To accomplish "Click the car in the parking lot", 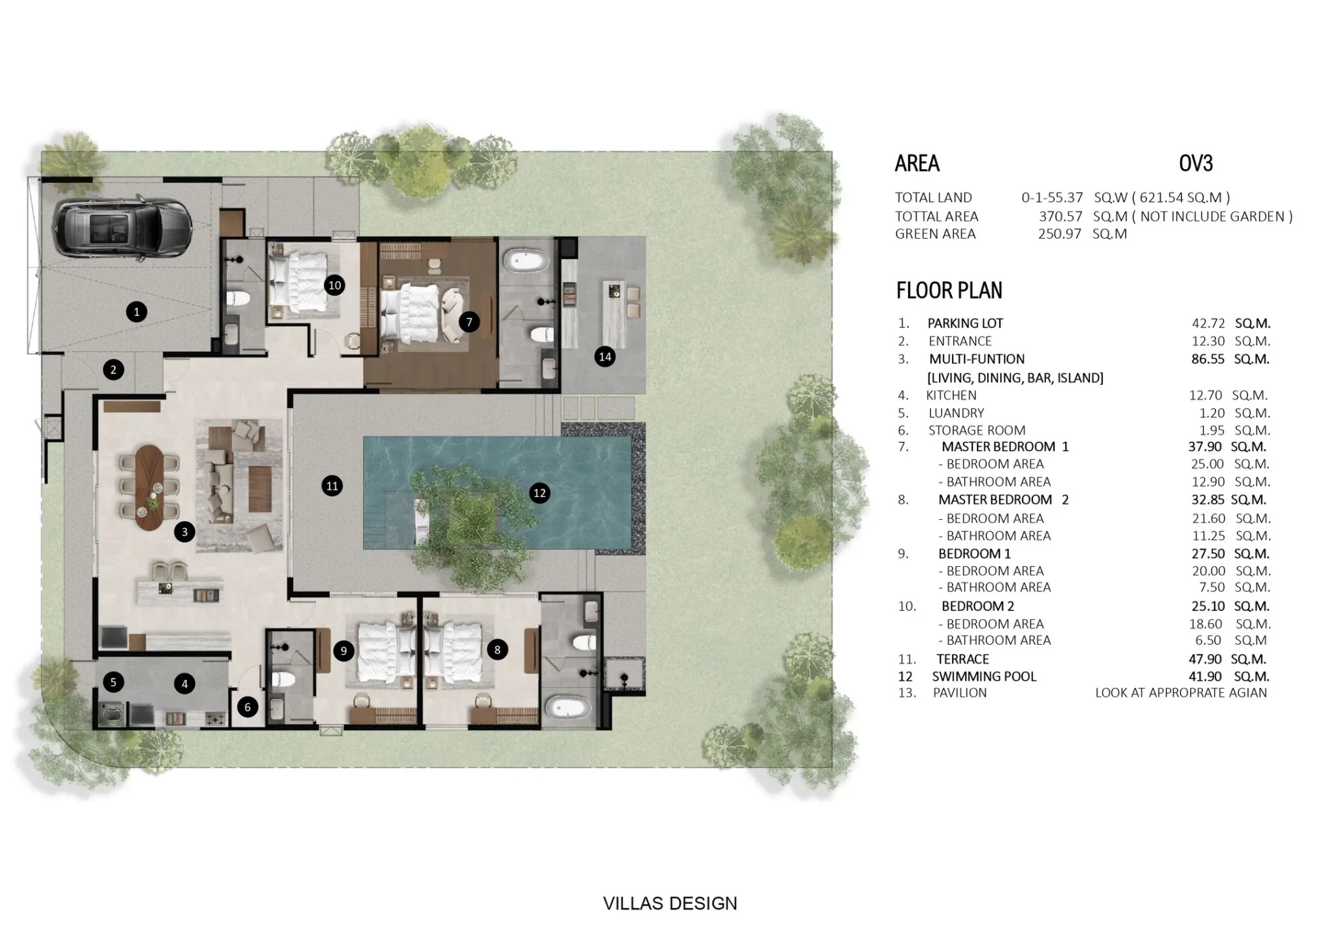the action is (122, 228).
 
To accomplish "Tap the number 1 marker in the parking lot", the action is (137, 312).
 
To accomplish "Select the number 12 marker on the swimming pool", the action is (539, 493).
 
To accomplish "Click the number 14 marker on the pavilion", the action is (605, 356).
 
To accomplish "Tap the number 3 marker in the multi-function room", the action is (184, 532).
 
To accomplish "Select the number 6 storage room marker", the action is (247, 707).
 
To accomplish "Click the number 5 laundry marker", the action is (113, 683).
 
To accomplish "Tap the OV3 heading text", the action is (1196, 163).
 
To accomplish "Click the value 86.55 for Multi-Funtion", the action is (1208, 359).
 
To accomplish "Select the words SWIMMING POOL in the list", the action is (984, 677).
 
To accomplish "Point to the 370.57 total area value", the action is (1060, 216).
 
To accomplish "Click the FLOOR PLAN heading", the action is (949, 290).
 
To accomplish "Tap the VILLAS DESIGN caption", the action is (670, 904).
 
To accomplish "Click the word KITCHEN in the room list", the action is (951, 396).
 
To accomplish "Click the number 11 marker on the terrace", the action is (332, 486).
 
